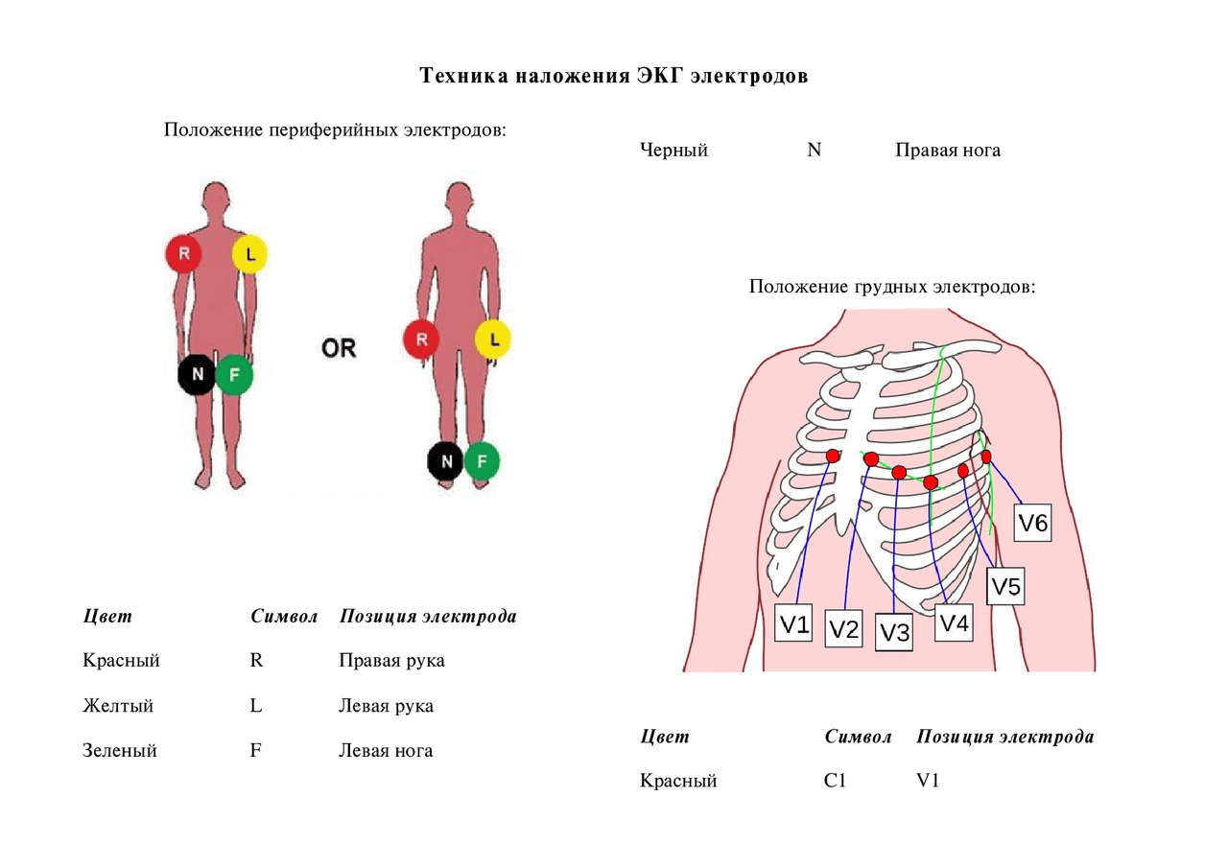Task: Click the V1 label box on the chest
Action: (x=793, y=625)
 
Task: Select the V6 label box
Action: (x=1033, y=524)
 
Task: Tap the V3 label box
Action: (x=894, y=633)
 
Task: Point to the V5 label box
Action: (x=1006, y=586)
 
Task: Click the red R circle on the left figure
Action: (x=182, y=254)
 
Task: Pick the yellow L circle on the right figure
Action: (x=493, y=339)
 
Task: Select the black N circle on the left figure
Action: (x=197, y=374)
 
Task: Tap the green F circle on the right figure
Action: (x=482, y=461)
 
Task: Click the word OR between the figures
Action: (x=339, y=348)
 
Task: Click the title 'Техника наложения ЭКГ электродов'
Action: (x=614, y=76)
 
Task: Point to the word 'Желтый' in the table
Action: (x=118, y=706)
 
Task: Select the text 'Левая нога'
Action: (x=386, y=750)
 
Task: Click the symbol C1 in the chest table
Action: (x=835, y=781)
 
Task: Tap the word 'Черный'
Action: (x=673, y=150)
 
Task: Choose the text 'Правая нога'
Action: (x=948, y=150)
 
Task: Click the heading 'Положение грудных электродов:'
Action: (x=892, y=286)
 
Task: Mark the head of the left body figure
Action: (x=217, y=199)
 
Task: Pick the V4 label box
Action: (x=955, y=623)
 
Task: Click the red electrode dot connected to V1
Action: (x=833, y=456)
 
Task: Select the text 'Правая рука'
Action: (x=391, y=661)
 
